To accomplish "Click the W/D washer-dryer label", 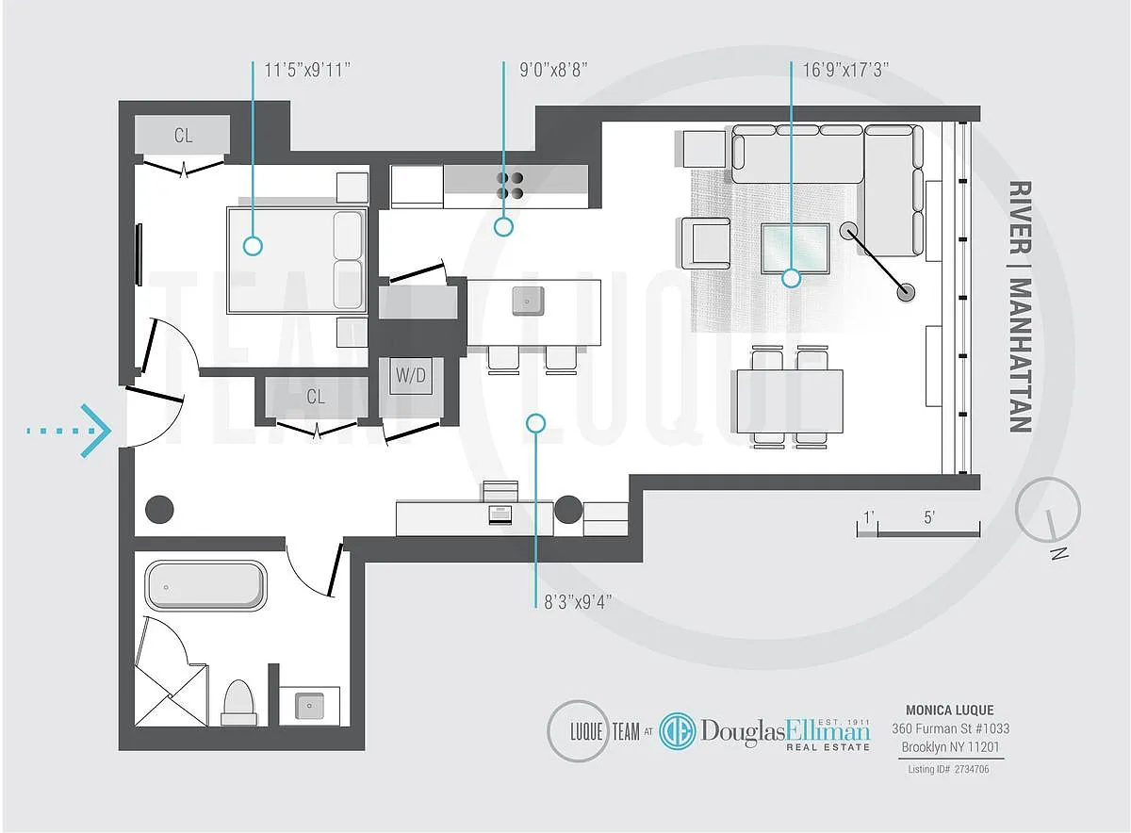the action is pyautogui.click(x=410, y=376).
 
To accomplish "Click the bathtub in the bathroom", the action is pyautogui.click(x=205, y=586).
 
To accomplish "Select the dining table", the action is pyautogui.click(x=790, y=400).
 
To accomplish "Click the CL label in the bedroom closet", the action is pyautogui.click(x=183, y=136).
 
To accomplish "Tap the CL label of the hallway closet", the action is pyautogui.click(x=315, y=397).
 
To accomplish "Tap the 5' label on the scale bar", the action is pyautogui.click(x=928, y=517).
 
